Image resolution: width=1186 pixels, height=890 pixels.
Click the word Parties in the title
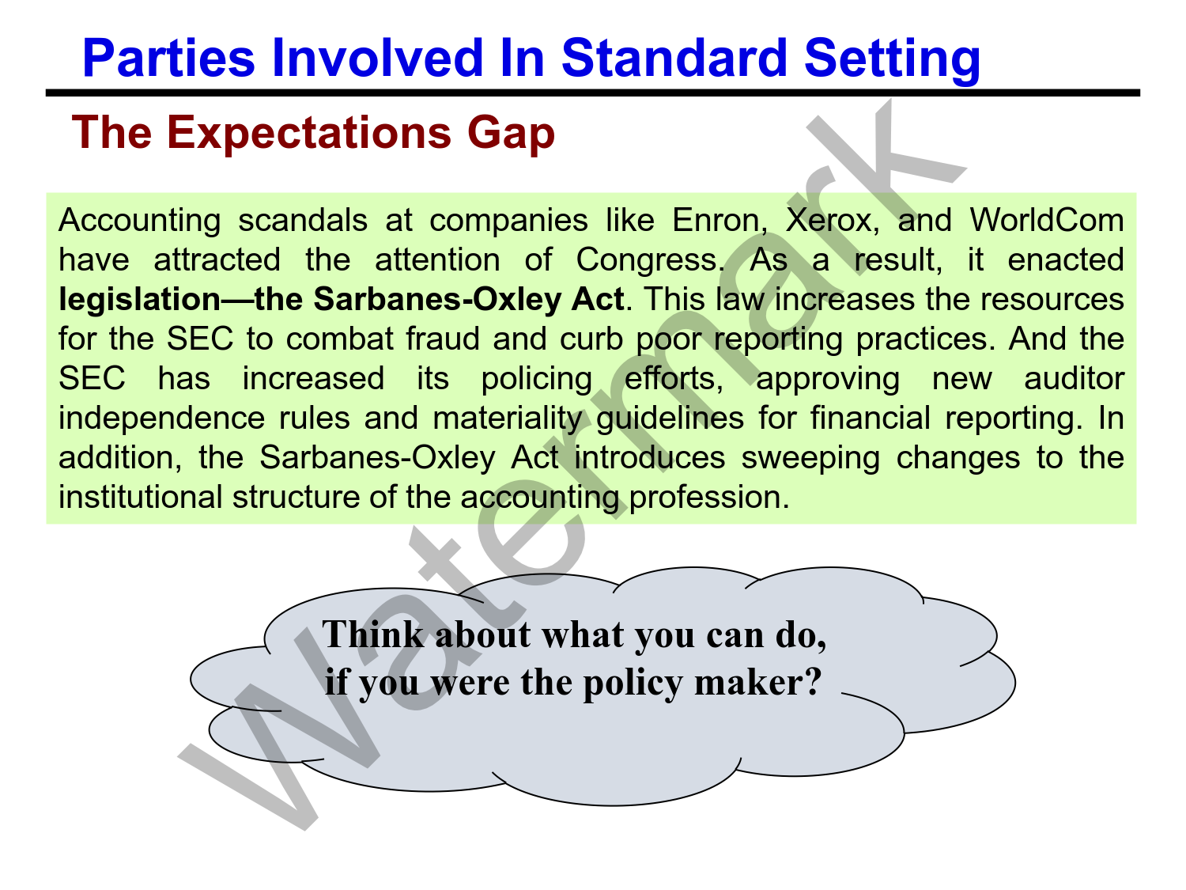(168, 58)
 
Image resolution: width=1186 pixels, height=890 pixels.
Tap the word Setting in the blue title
(892, 59)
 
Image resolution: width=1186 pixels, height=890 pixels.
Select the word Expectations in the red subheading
(308, 133)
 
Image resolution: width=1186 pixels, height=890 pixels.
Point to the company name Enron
(720, 221)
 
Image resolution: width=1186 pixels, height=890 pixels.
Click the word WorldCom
(1047, 220)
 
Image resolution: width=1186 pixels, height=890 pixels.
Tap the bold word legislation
(139, 300)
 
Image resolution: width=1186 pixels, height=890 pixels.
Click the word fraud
(443, 339)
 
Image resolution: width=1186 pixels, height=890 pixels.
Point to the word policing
(537, 380)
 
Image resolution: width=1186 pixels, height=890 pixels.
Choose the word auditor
(1075, 378)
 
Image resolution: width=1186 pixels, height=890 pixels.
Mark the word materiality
(508, 418)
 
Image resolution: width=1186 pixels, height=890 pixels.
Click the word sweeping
(810, 459)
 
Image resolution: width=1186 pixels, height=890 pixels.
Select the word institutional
(141, 497)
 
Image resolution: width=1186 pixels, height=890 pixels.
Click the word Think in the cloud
(373, 634)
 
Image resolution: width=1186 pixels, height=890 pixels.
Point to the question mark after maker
(813, 682)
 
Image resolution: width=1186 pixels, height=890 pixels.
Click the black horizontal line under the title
(593, 93)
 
